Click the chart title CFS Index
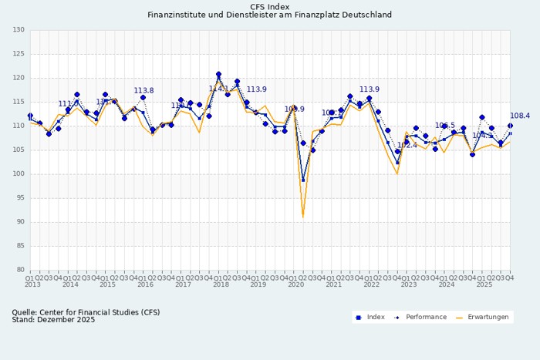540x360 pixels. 269,6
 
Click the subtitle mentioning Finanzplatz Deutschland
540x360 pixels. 269,15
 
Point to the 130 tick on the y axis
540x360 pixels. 19,30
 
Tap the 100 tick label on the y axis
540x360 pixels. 19,174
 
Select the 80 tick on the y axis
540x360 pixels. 20,270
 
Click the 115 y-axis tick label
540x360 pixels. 19,102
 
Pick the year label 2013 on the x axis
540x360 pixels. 32,284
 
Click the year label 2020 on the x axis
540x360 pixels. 295,284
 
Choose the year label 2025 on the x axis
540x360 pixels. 484,284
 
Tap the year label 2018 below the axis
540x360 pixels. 221,284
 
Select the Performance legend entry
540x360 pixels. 420,317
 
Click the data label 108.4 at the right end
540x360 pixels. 520,116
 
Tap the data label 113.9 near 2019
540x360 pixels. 256,90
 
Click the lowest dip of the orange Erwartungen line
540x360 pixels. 303,217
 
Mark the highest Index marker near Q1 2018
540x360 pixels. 218,74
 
